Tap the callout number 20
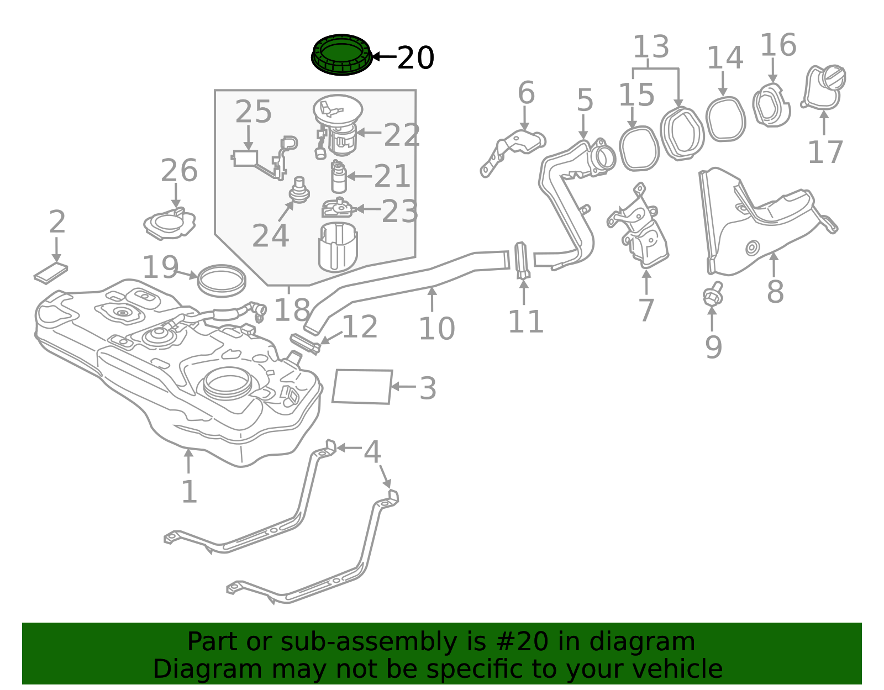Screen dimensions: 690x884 pyautogui.click(x=415, y=58)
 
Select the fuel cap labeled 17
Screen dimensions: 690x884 pyautogui.click(x=824, y=87)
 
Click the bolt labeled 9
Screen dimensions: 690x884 pyautogui.click(x=713, y=295)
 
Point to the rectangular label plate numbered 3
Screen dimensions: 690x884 pyautogui.click(x=362, y=387)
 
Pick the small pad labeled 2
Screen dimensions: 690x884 pyautogui.click(x=51, y=273)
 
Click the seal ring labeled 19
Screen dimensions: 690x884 pyautogui.click(x=222, y=281)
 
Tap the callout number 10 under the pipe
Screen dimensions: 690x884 pyautogui.click(x=436, y=329)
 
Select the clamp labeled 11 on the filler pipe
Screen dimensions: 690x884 pyautogui.click(x=522, y=261)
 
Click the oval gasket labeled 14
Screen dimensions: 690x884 pyautogui.click(x=725, y=119)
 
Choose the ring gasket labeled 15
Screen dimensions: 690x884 pyautogui.click(x=639, y=148)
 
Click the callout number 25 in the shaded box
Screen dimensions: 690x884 pyautogui.click(x=254, y=113)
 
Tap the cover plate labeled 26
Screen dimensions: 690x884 pyautogui.click(x=169, y=224)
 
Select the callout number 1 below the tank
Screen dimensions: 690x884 pyautogui.click(x=189, y=492)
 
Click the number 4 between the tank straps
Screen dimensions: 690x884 pyautogui.click(x=372, y=452)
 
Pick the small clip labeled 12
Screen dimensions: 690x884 pyautogui.click(x=305, y=343)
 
